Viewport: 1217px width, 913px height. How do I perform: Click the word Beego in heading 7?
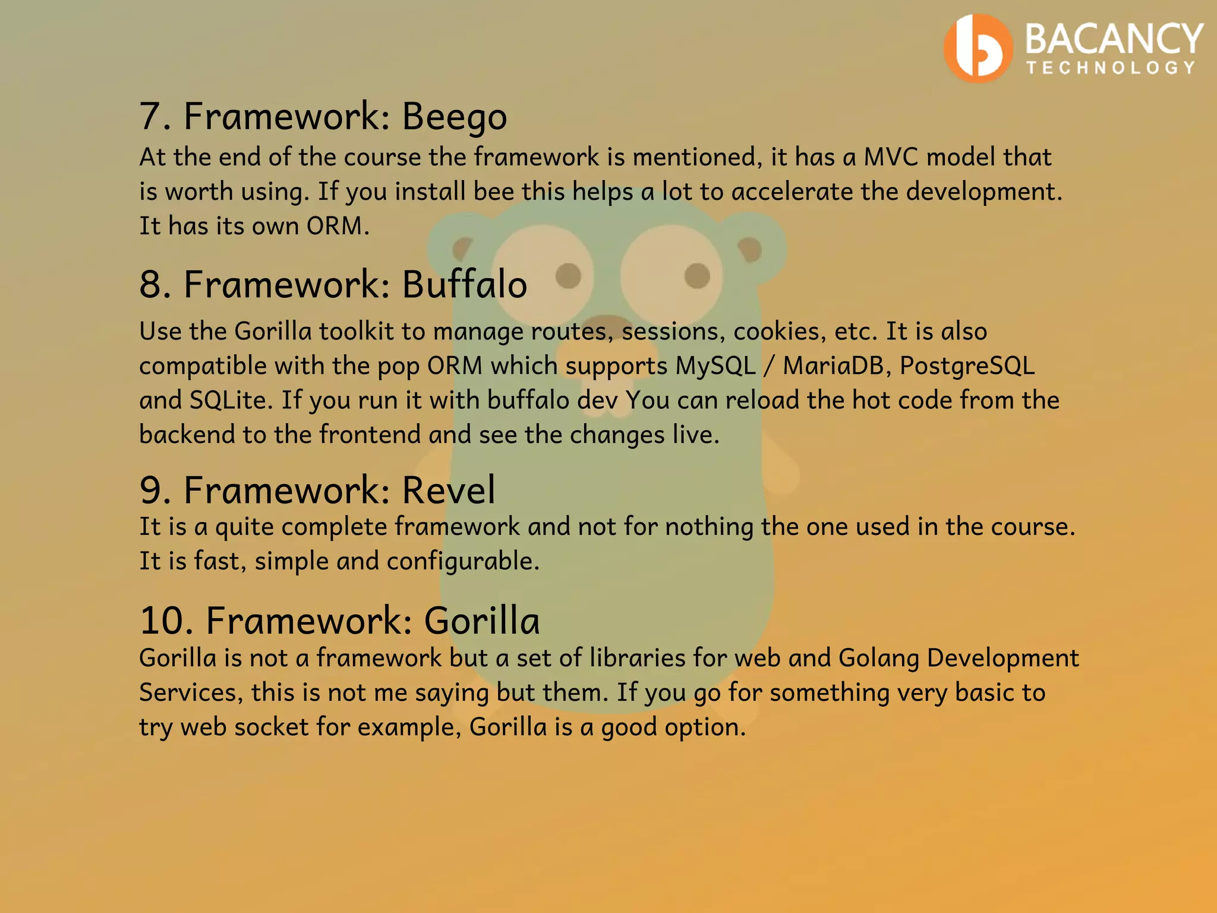click(455, 116)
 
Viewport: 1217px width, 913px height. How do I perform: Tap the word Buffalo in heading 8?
click(464, 284)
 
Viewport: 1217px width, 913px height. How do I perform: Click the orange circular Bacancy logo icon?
click(978, 48)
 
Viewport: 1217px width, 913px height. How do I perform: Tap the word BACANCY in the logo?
click(1114, 39)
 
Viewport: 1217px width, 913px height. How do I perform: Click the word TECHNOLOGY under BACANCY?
click(1111, 68)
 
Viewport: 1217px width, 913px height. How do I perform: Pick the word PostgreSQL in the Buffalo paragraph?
click(967, 366)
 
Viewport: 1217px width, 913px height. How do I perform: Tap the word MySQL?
click(715, 366)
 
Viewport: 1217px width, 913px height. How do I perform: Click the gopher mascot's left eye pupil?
click(569, 276)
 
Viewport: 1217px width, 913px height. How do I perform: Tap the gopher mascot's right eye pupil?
click(697, 276)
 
